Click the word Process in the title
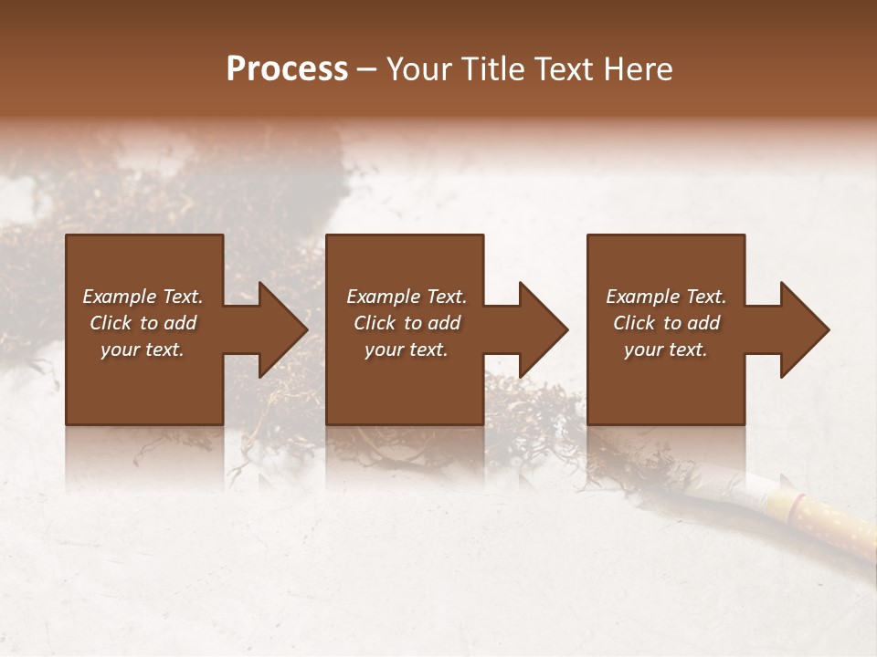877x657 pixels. click(x=287, y=69)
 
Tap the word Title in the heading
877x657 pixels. click(x=494, y=69)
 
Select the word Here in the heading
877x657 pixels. click(x=639, y=69)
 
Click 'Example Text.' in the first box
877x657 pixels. click(x=143, y=297)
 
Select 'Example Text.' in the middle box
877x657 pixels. click(x=407, y=297)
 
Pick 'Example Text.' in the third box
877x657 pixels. click(x=666, y=297)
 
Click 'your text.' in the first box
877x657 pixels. click(x=143, y=349)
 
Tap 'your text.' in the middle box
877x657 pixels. click(x=407, y=349)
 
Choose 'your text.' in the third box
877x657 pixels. click(x=666, y=349)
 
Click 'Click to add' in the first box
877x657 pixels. click(x=143, y=323)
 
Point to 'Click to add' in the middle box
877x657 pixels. click(x=407, y=323)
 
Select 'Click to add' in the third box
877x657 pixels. click(x=666, y=323)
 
